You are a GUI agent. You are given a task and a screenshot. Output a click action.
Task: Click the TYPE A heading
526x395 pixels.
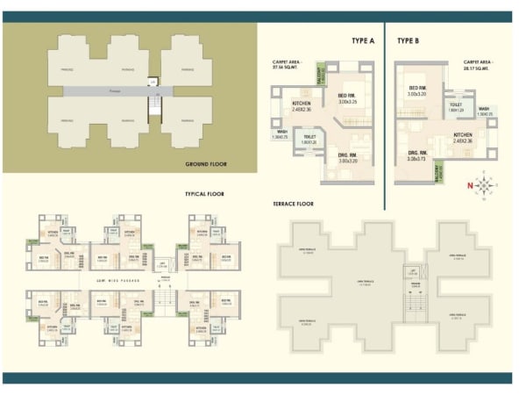(362, 41)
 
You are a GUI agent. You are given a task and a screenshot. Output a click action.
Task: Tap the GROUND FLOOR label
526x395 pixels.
(206, 164)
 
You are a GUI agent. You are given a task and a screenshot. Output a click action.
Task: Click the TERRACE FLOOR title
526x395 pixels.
(294, 204)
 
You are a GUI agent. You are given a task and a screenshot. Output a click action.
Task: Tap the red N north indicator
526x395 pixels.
(471, 185)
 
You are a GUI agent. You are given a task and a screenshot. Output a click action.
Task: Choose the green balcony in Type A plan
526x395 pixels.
(320, 76)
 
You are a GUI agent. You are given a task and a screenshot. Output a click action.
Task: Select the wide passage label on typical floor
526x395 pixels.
(96, 280)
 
